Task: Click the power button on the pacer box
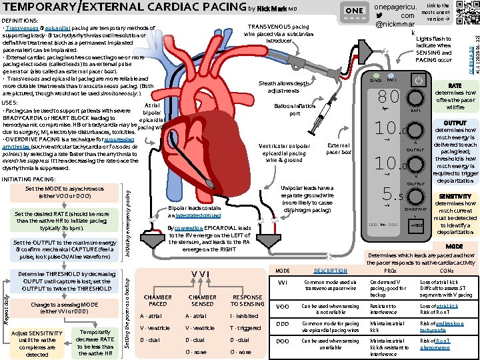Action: tap(419, 81)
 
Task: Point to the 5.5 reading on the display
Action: tap(391, 197)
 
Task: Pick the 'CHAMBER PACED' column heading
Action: tap(158, 299)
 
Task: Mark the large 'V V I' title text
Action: tap(201, 273)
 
